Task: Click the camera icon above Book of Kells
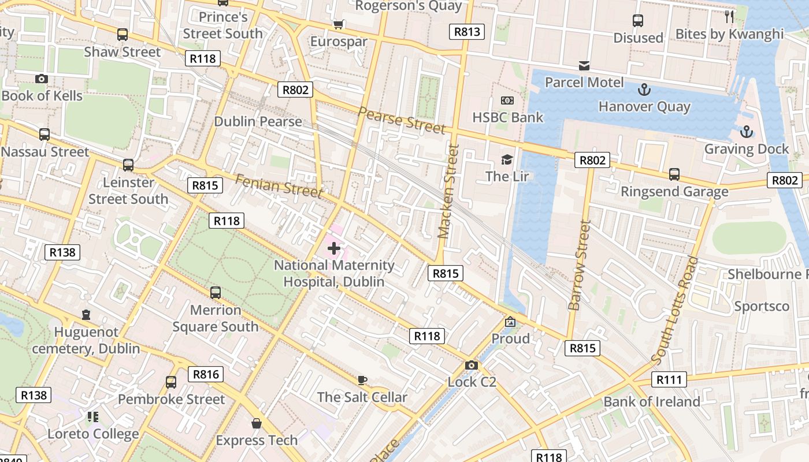click(41, 79)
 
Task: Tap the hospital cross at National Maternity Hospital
click(333, 249)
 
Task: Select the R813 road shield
click(467, 32)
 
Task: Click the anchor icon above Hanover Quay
click(644, 90)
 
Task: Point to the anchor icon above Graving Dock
click(747, 132)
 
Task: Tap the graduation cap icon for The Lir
click(507, 159)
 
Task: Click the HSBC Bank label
click(507, 118)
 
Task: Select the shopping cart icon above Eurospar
click(339, 24)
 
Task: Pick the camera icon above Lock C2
click(472, 365)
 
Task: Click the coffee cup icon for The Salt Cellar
click(362, 380)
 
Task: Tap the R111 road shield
click(669, 379)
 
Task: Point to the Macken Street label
click(448, 192)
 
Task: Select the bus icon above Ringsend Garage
click(674, 174)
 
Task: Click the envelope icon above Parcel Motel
click(584, 65)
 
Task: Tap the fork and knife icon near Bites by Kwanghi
click(729, 17)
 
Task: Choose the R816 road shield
click(206, 374)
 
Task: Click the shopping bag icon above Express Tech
click(257, 423)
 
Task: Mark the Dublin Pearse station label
click(258, 122)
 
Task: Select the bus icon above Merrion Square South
click(216, 293)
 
